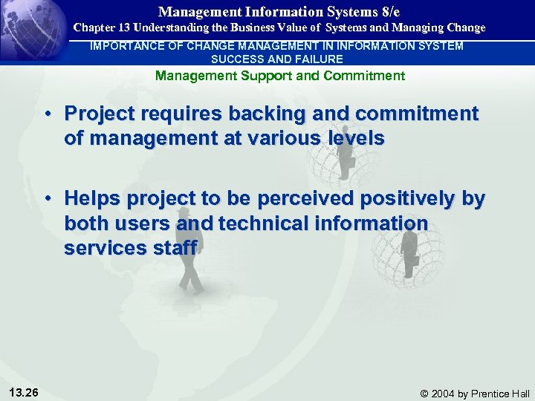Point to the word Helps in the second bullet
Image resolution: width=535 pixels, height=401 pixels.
pos(91,199)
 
